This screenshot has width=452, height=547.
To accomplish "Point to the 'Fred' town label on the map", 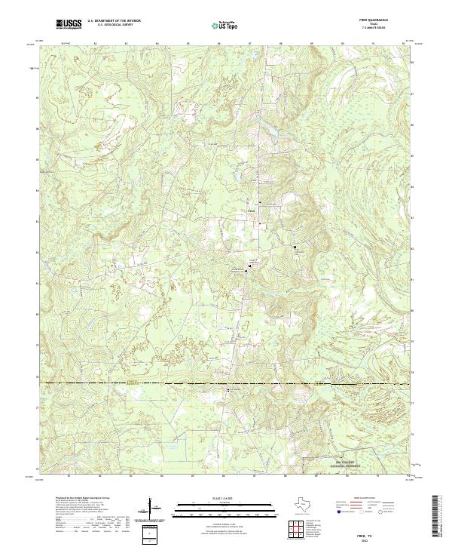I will (252, 211).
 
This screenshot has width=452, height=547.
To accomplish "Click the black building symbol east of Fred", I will (295, 247).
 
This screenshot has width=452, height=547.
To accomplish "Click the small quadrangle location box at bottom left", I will (148, 533).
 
